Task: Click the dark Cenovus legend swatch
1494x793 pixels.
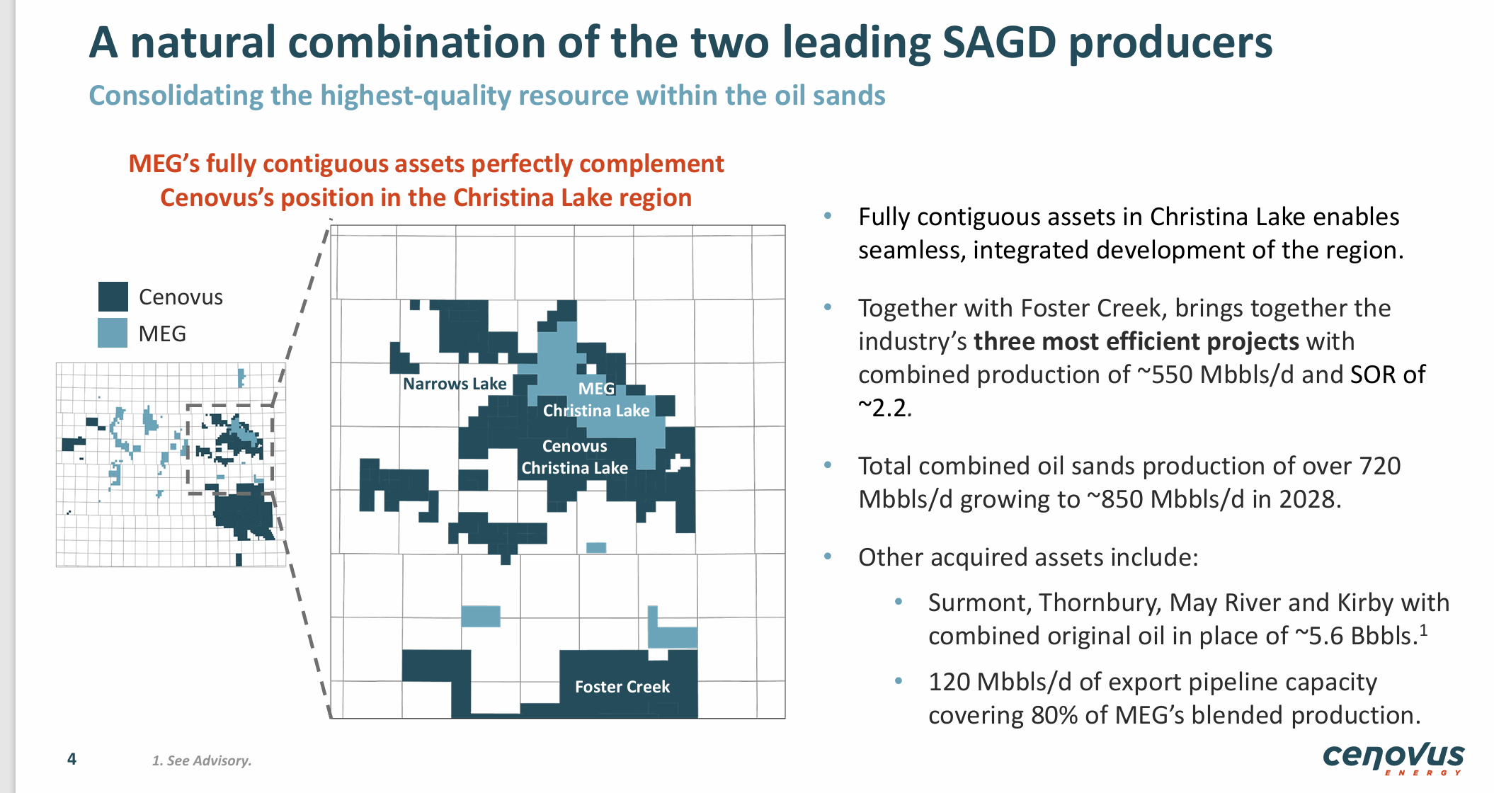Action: (113, 297)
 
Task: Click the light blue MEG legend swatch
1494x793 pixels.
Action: (113, 333)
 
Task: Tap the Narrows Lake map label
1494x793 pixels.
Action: (455, 384)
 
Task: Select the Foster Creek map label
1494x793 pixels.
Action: (622, 687)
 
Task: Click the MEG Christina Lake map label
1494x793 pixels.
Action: (596, 400)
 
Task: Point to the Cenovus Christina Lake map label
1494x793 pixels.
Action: (574, 457)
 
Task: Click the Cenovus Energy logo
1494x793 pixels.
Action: (1393, 758)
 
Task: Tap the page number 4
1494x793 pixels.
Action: (72, 759)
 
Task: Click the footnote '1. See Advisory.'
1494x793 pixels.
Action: (202, 760)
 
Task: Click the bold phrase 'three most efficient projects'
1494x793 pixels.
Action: (1136, 341)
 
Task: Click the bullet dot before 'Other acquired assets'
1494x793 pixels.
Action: (828, 557)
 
